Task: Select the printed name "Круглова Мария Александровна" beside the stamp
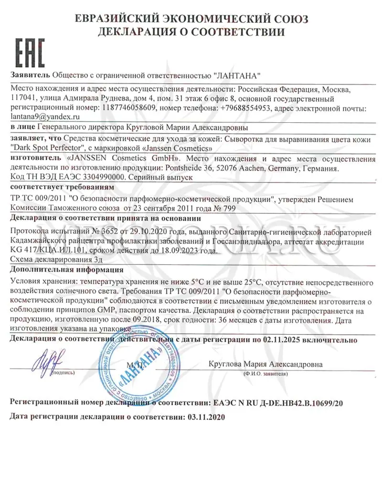point(265,364)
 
